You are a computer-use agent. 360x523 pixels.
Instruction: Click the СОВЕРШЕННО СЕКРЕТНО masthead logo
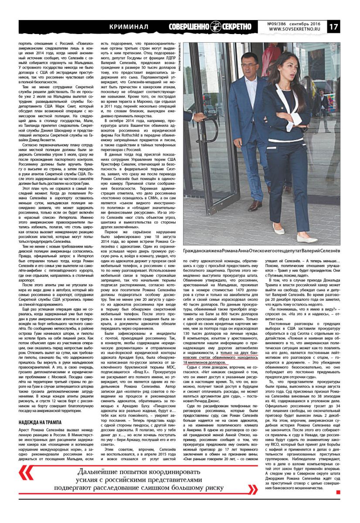point(210,27)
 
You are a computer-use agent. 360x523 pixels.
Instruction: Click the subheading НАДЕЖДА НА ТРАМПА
point(41,422)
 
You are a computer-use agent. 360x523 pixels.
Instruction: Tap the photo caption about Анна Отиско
point(261,251)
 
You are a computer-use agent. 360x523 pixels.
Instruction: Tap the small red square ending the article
point(338,492)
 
